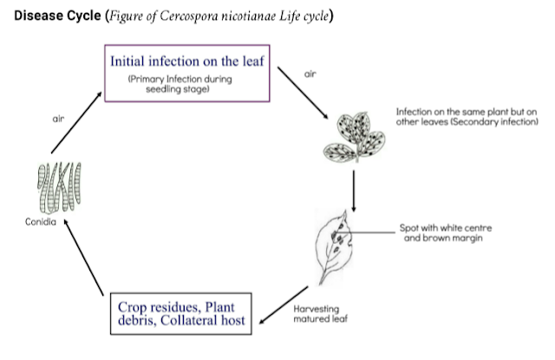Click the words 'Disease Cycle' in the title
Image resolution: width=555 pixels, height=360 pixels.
coord(57,16)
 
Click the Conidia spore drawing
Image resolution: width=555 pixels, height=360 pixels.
coord(59,187)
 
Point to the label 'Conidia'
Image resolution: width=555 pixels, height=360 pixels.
coord(41,222)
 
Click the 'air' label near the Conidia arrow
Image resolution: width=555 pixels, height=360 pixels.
coord(58,119)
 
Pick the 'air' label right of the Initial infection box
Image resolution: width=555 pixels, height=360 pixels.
coord(310,74)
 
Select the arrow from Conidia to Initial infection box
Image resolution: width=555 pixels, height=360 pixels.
coord(76,123)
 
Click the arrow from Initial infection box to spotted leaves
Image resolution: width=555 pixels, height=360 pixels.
coord(303,93)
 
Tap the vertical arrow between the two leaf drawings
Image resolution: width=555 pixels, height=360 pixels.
coord(353,191)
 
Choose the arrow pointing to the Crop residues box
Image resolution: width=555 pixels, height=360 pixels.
coord(284,305)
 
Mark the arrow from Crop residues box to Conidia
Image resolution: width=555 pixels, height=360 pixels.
coord(84,258)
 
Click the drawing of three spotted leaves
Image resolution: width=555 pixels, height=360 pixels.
coord(354,138)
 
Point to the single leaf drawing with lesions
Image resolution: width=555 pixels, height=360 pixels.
coord(334,247)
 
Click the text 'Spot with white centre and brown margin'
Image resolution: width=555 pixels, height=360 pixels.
coord(445,233)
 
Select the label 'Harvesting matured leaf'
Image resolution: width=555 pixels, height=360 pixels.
coord(320,314)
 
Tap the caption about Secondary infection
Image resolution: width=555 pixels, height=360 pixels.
coord(467,117)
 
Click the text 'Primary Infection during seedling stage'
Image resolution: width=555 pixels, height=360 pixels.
coord(180,84)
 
